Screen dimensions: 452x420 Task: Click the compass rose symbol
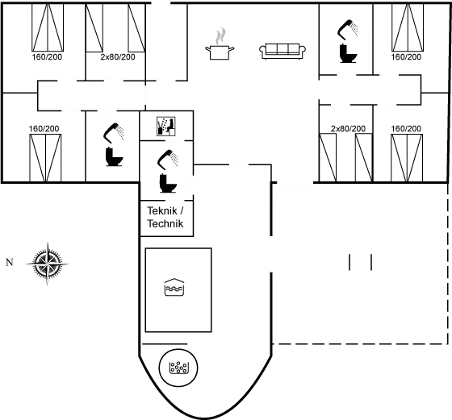pos(48,264)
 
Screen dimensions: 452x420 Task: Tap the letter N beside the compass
pos(10,262)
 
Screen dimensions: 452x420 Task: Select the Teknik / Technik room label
pos(165,217)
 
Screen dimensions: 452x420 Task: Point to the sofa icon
pos(282,52)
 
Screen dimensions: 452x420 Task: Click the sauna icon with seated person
pos(166,126)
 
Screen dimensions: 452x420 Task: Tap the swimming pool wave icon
pos(174,287)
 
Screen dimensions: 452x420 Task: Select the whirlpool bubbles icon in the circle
pos(178,368)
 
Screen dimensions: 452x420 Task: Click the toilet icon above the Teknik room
pos(168,183)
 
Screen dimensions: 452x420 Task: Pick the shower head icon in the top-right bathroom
pos(348,29)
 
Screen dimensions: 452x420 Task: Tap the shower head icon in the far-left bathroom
pos(114,133)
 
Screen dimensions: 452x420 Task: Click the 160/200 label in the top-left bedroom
pos(47,56)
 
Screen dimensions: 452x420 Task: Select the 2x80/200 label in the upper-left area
pos(118,56)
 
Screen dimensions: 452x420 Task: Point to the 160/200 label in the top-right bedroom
pos(406,56)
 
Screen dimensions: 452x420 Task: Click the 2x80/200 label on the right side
pos(348,128)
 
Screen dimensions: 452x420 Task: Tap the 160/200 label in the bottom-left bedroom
pos(44,128)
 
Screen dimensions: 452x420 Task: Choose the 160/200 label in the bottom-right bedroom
pos(406,128)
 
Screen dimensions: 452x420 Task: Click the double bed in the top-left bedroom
pos(48,27)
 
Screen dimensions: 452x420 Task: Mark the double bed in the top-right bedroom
pos(408,27)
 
